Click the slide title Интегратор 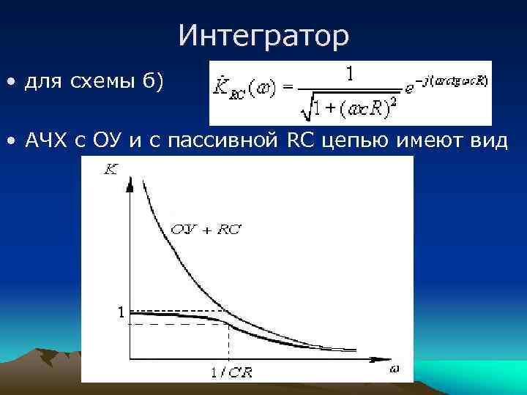point(263,36)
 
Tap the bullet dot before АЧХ point(11,141)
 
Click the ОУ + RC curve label point(206,229)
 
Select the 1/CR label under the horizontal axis point(231,372)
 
